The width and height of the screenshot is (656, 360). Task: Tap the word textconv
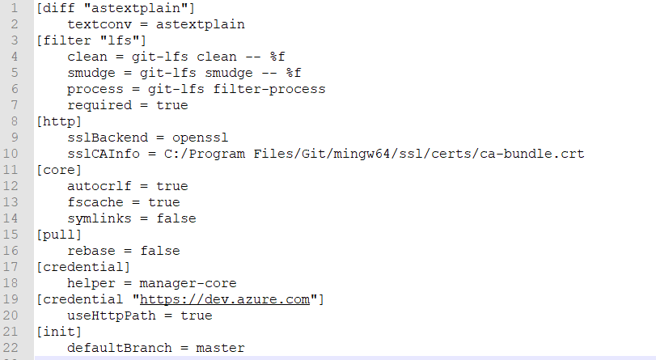tap(99, 24)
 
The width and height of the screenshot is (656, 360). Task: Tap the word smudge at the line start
tap(91, 73)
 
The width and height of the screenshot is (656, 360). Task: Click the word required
tap(99, 105)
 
